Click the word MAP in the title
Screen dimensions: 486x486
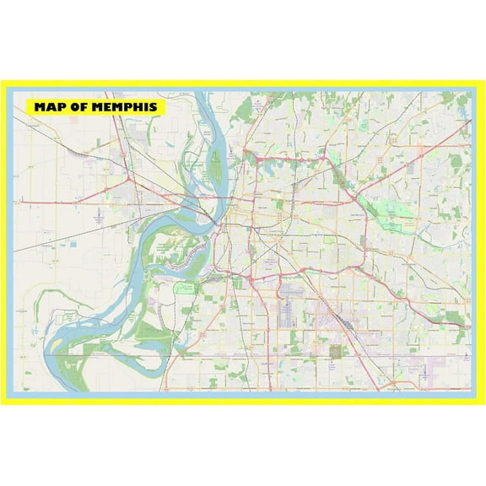pos(50,107)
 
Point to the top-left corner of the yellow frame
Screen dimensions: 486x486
pos(3,83)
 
